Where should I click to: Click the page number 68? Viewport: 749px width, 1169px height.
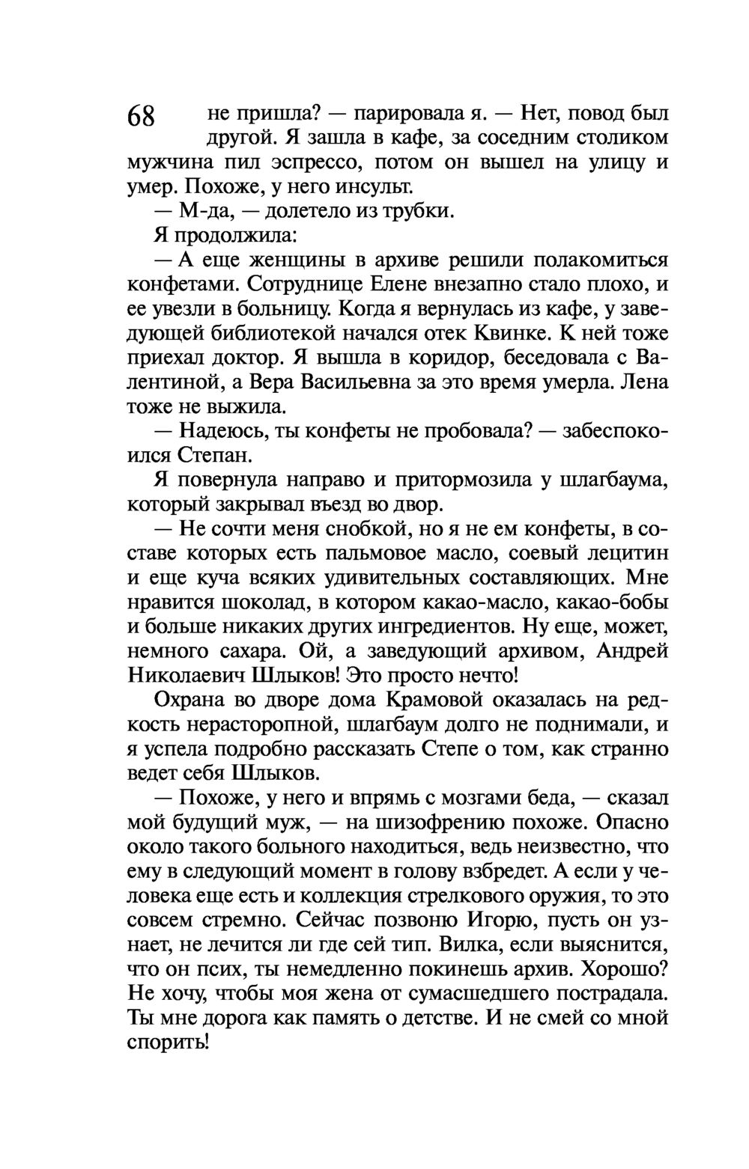[141, 117]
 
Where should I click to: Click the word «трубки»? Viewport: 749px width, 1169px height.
[419, 211]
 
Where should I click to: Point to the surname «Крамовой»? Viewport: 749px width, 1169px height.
[438, 701]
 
